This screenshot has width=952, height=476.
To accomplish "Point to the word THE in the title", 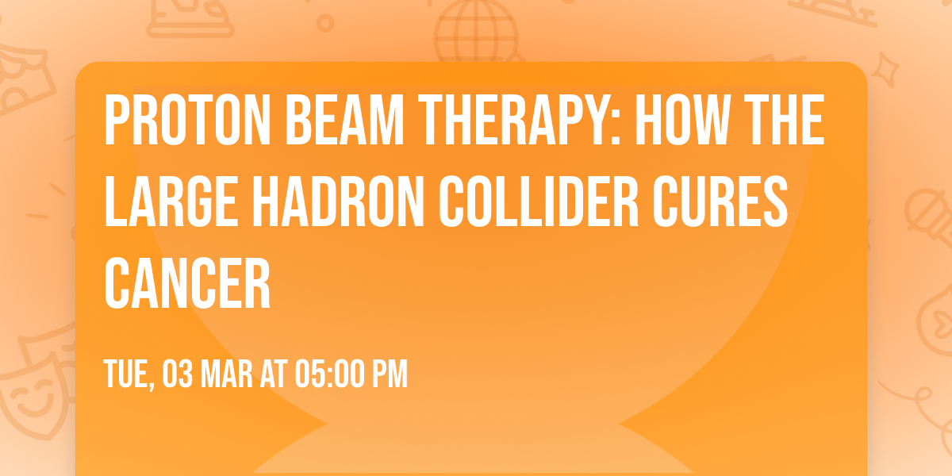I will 782,121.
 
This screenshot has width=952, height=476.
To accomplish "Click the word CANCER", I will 188,283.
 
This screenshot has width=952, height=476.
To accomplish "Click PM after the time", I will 390,373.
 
